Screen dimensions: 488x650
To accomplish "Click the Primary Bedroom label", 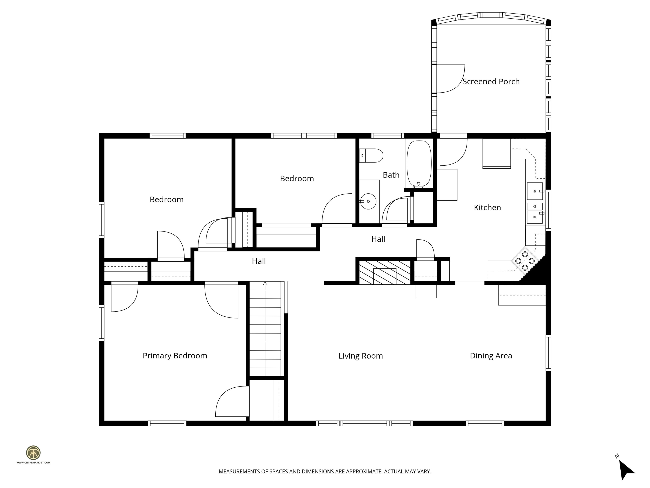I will (x=175, y=356).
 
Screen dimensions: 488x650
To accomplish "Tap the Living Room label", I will (x=361, y=356).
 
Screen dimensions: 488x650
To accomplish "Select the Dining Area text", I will (x=491, y=356).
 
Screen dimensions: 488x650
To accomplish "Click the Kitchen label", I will (x=487, y=207).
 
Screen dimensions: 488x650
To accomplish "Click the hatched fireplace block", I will (x=384, y=272).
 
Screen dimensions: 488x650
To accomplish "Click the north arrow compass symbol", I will (x=627, y=471).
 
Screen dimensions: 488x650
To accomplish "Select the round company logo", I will (x=33, y=453).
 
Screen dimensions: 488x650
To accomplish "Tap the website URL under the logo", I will (x=33, y=463).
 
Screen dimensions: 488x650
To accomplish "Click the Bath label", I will (x=391, y=175).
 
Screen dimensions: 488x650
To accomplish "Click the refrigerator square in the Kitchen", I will (x=496, y=153).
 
